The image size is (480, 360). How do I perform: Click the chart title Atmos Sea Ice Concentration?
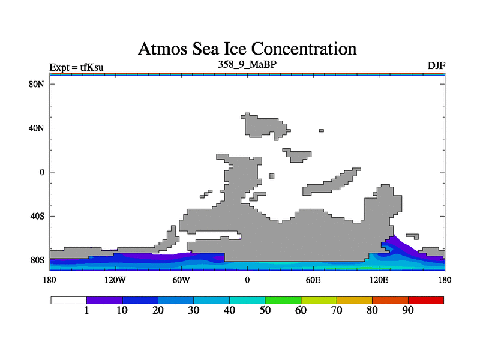[247, 49]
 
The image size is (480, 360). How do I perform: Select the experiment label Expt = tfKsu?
[76, 67]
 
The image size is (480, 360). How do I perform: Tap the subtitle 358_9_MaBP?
[247, 64]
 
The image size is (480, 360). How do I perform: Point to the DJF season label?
[436, 65]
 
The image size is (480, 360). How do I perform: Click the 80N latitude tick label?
[37, 84]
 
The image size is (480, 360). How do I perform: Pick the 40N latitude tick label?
[37, 128]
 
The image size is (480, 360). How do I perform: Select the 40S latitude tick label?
[37, 216]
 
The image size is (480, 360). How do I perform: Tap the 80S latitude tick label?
[37, 260]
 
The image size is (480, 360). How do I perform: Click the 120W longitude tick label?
[115, 280]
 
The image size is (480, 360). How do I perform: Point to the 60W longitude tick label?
[181, 280]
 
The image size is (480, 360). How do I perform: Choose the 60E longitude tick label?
[313, 280]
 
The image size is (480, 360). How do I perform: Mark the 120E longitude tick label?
[379, 280]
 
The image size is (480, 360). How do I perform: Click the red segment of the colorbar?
[426, 300]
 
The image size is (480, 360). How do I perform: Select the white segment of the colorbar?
[68, 300]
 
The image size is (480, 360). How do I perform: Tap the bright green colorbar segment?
[283, 300]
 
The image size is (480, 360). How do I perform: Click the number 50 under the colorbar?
[265, 310]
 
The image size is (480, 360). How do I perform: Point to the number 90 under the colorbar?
[408, 310]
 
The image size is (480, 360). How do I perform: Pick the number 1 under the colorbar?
[87, 310]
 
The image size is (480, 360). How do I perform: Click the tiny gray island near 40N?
[322, 130]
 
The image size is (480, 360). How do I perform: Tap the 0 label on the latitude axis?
[42, 172]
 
